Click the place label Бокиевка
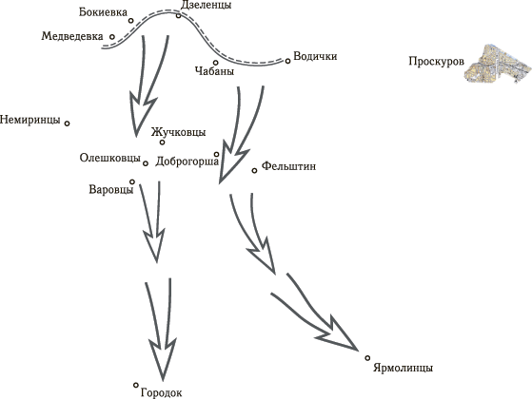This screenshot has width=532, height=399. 103,12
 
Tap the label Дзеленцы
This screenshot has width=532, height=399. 206,5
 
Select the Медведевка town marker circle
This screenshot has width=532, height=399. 112,37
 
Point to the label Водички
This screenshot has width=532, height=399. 315,56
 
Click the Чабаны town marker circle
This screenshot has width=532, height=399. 215,63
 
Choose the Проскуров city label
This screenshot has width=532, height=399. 436,62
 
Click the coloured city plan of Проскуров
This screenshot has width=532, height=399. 497,64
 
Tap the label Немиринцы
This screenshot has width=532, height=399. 30,120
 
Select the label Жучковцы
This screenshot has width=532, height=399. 179,132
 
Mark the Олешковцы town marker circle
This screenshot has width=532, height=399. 146,163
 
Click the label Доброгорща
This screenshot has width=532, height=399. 187,161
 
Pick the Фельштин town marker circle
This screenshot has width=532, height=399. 254,170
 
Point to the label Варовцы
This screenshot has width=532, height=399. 111,189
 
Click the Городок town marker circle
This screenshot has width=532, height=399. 136,385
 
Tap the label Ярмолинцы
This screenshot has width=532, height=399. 403,368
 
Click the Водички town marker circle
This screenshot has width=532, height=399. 287,61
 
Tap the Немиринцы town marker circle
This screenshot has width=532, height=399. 68,123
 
